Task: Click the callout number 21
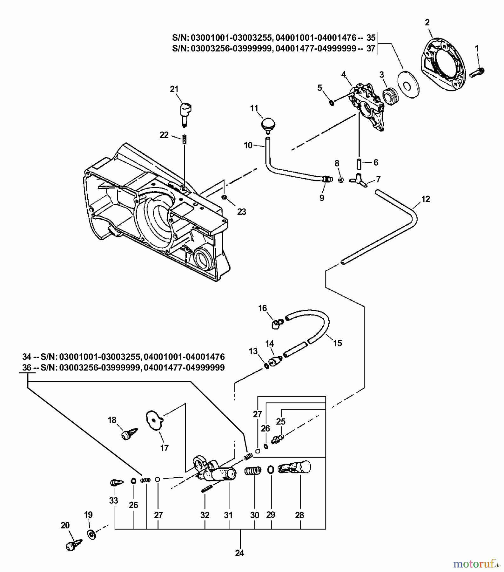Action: click(174, 89)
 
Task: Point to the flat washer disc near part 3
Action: click(408, 84)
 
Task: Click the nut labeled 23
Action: click(224, 198)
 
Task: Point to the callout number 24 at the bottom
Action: click(239, 553)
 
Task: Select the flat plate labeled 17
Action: click(154, 421)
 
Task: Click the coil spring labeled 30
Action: click(253, 471)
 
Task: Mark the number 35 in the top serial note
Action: click(371, 37)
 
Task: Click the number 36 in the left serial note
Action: click(27, 368)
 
